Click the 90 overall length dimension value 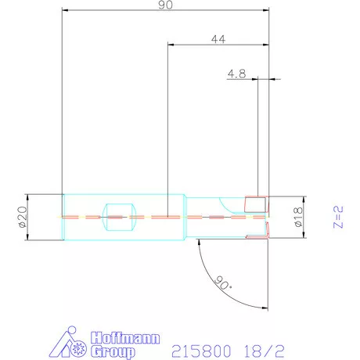click(x=165, y=5)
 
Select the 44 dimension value click(x=218, y=39)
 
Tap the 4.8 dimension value click(x=236, y=74)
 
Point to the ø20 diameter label click(x=23, y=217)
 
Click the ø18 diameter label click(x=298, y=217)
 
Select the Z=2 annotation click(x=338, y=217)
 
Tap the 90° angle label click(x=222, y=283)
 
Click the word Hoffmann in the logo click(x=125, y=338)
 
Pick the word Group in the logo click(x=113, y=351)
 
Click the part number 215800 click(x=201, y=351)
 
